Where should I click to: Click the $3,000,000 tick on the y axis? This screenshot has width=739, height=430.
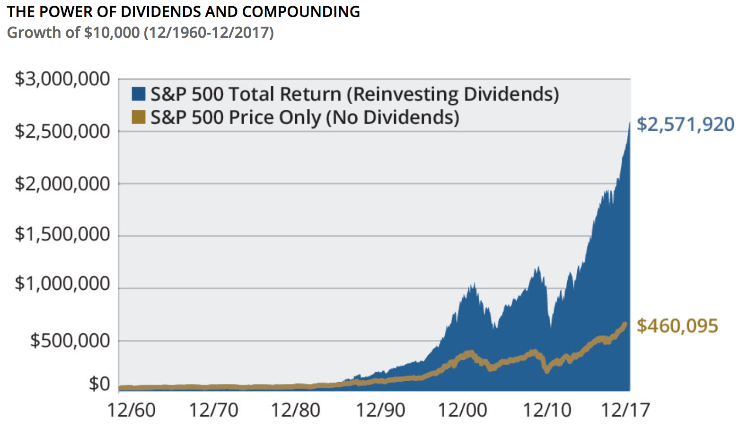pos(62,79)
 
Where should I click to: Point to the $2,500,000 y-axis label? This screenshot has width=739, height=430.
pos(62,131)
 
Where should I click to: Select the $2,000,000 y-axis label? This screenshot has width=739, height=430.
pos(62,184)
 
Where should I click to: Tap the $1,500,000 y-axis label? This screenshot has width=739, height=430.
pos(62,234)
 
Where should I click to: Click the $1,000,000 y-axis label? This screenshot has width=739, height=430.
pos(62,284)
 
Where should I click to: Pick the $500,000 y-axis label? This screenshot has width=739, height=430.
pos(70,340)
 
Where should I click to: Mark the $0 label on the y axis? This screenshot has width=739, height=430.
pos(99,384)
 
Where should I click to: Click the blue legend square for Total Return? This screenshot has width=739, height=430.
pos(138,94)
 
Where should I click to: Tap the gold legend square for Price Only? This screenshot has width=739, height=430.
pos(138,117)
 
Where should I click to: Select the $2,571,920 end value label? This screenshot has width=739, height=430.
pos(685,125)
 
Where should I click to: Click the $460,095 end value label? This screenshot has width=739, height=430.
pos(677,326)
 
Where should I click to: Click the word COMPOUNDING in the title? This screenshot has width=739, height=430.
pos(301,11)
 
